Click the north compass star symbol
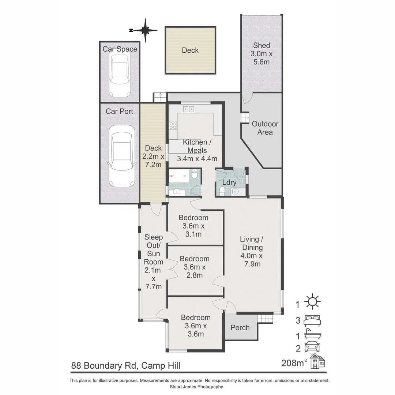(146, 30)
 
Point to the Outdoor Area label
(265, 128)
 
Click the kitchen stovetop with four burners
(173, 126)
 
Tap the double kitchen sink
(189, 109)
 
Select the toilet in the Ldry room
(222, 191)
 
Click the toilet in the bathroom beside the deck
(195, 175)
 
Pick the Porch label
(240, 328)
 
